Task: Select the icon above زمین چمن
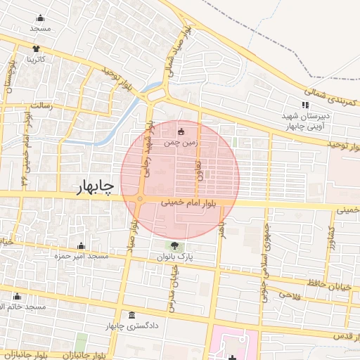coord(182,131)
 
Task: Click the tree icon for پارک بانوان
coord(174,245)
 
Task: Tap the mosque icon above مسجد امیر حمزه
coord(82,245)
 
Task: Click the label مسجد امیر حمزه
coord(82,257)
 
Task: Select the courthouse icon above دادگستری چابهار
coord(131,316)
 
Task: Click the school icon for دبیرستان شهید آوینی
coord(304,105)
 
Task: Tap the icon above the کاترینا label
coord(36,49)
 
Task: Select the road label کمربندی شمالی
coord(331,97)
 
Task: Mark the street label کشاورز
coord(330,240)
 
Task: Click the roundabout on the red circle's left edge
coord(141,200)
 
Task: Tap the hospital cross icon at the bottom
coord(233,349)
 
